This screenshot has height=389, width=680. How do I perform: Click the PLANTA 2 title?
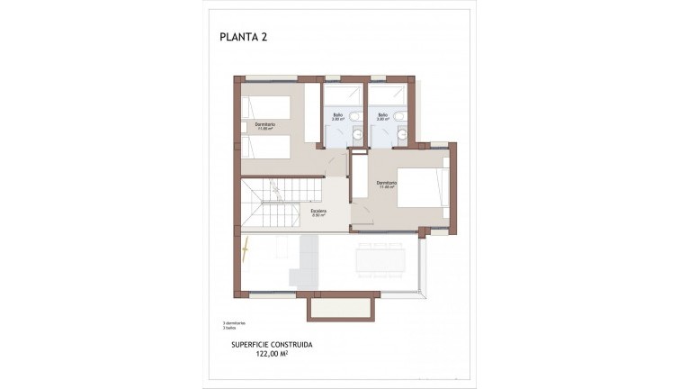click(244, 38)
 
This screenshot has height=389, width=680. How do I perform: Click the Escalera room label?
click(318, 213)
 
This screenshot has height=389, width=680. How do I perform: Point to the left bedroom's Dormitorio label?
click(264, 124)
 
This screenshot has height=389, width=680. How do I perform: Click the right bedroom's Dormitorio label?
click(387, 185)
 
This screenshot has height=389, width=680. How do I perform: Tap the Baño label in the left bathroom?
click(337, 115)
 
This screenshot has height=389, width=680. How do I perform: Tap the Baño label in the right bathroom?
click(382, 115)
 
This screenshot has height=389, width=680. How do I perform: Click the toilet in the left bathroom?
click(357, 116)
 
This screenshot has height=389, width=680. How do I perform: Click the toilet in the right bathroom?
click(402, 116)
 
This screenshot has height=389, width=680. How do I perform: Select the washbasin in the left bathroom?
click(357, 135)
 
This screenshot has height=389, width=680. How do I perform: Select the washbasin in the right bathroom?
click(402, 135)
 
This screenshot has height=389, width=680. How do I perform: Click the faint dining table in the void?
click(388, 260)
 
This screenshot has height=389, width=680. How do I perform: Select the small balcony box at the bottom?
click(340, 310)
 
